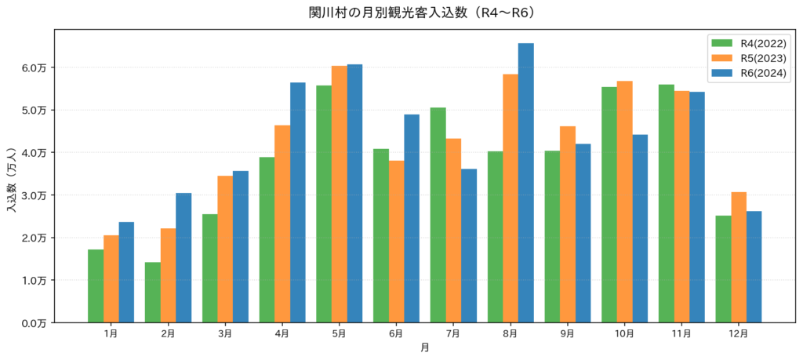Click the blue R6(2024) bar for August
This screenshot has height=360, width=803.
point(526,183)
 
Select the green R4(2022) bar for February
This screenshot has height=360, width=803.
point(153,293)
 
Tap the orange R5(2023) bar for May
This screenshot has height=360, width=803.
point(339,194)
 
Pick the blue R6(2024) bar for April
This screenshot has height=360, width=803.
point(297,202)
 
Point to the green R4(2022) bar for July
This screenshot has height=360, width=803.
point(438,215)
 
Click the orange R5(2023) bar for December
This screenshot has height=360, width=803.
point(739,257)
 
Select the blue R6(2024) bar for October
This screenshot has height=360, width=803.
point(640,228)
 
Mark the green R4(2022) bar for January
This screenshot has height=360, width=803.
point(96,285)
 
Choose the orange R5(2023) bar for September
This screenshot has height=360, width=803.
point(568,224)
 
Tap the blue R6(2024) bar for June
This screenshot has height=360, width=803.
point(412,218)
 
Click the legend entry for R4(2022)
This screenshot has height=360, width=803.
point(747,42)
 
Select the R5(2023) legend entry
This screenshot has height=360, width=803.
point(747,58)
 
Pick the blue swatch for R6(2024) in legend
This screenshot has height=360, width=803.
point(719,73)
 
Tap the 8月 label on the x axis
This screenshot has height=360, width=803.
point(510,333)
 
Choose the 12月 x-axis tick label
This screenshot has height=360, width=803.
point(739,333)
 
